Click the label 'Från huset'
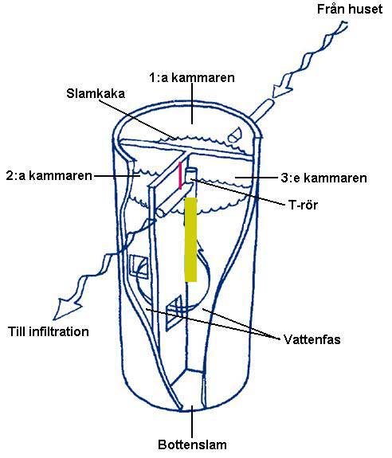pyautogui.click(x=350, y=9)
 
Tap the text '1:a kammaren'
pyautogui.click(x=192, y=78)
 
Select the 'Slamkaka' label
pyautogui.click(x=96, y=93)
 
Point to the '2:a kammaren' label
pyautogui.click(x=49, y=176)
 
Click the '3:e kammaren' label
pyautogui.click(x=323, y=178)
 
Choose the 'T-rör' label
pyautogui.click(x=303, y=205)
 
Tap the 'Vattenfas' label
pyautogui.click(x=312, y=339)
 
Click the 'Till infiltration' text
pyautogui.click(x=49, y=332)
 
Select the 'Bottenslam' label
pyautogui.click(x=192, y=444)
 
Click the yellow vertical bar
pyautogui.click(x=190, y=240)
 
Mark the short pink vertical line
pyautogui.click(x=181, y=176)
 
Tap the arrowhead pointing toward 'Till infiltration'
pyautogui.click(x=65, y=309)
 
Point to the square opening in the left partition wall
pyautogui.click(x=139, y=266)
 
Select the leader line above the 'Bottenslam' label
pyautogui.click(x=192, y=421)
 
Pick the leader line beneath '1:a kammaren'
pyautogui.click(x=192, y=104)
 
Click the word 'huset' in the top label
pyautogui.click(x=366, y=9)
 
